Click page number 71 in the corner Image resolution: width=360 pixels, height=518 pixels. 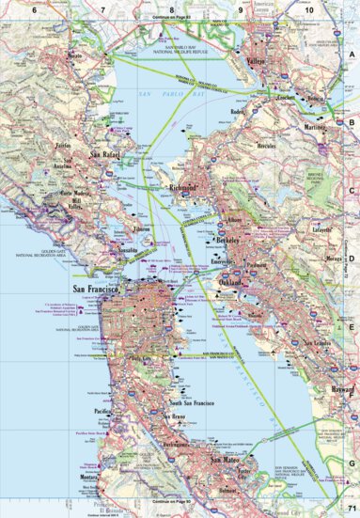(x=350, y=509)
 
